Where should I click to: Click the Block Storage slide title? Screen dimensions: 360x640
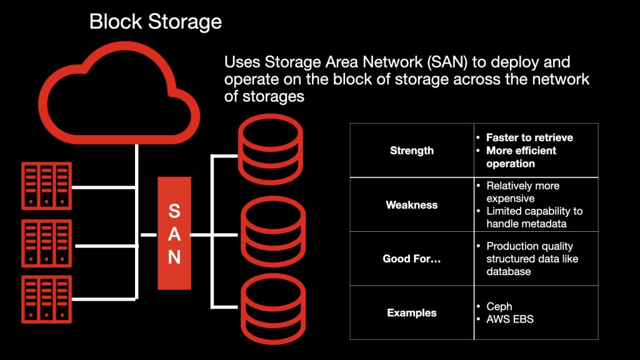coord(155,22)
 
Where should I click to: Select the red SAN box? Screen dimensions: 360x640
coord(174,233)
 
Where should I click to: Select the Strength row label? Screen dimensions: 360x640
coord(412,151)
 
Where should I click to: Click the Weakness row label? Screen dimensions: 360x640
coord(412,205)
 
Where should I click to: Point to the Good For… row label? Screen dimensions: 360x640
coord(412,259)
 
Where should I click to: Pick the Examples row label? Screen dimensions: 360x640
coord(412,312)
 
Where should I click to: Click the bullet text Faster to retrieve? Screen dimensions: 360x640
coord(529,137)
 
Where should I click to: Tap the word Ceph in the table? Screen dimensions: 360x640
coord(499,307)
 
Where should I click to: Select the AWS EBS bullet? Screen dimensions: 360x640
coord(509,319)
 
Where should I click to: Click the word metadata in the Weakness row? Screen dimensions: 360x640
coord(543,224)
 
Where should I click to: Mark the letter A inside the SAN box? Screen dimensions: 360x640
coord(174,234)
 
